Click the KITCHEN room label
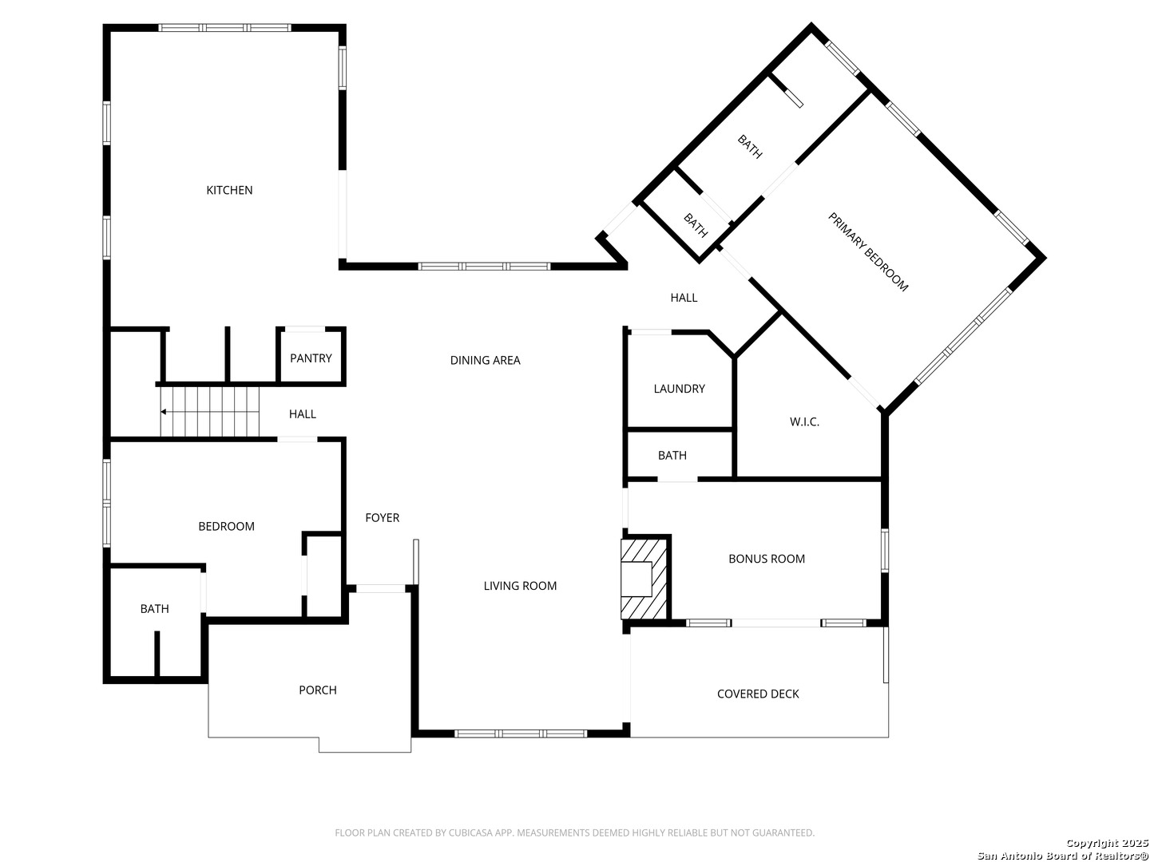pos(229,190)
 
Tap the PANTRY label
pos(311,358)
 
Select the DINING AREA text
pos(485,360)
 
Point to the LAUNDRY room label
pos(679,389)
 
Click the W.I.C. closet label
pos(803,422)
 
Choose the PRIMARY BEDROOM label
pos(867,251)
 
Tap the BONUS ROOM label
pos(766,559)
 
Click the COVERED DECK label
pos(758,694)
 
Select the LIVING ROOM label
pos(520,586)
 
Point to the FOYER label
pos(382,518)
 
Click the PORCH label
pos(318,690)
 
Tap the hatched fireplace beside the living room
pos(644,579)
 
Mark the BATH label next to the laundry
pos(672,455)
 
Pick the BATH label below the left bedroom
pos(155,609)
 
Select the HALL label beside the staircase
pos(303,414)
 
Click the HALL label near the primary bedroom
pos(683,298)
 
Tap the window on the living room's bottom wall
pos(520,733)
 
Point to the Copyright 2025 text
pos(1107,843)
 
